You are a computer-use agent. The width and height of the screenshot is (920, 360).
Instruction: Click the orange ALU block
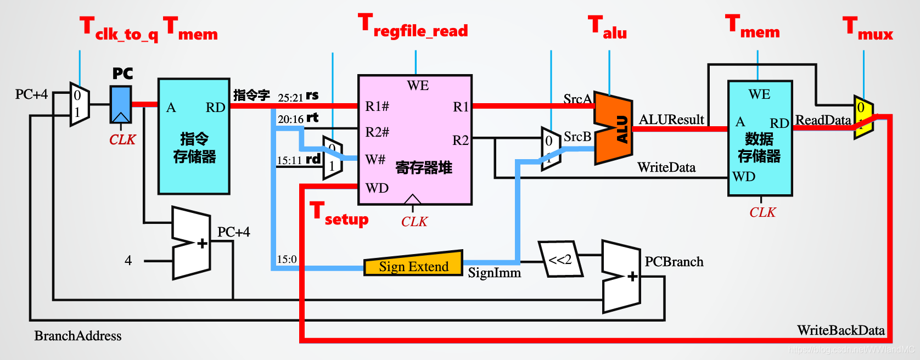coord(614,128)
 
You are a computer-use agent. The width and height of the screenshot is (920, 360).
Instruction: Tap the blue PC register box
coord(121,104)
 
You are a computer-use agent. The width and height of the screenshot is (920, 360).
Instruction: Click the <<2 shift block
coord(560,259)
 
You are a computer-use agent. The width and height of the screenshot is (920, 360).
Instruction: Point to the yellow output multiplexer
coord(863,117)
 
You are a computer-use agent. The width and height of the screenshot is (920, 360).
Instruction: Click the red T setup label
coord(339,214)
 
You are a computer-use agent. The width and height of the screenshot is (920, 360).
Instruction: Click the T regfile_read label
coord(413,26)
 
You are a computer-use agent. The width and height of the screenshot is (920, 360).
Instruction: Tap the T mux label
coord(868,29)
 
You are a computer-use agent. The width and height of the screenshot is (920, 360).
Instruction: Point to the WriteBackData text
coord(840,330)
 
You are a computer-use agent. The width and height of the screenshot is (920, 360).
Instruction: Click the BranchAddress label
coord(78,336)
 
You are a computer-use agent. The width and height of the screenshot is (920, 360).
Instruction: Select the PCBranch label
coord(674,262)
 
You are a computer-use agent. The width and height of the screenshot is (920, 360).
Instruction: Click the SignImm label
coord(494,273)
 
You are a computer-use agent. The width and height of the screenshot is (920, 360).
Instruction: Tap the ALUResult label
coord(671,120)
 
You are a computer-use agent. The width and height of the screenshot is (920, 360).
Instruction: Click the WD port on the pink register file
coord(377,188)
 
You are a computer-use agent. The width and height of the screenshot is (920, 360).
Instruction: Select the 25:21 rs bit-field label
coord(298,97)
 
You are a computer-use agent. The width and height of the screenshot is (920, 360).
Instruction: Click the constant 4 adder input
coord(128,261)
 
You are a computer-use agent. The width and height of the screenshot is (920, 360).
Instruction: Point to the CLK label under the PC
coord(122,140)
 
